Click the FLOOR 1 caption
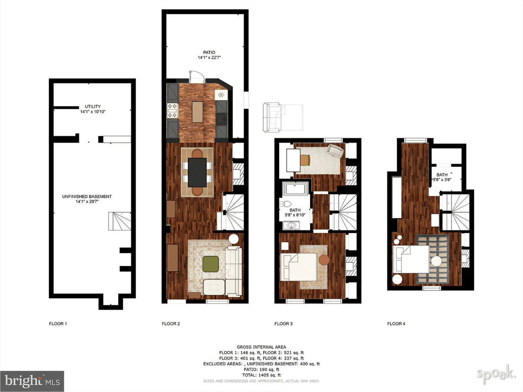pyautogui.click(x=58, y=324)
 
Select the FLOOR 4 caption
pyautogui.click(x=396, y=324)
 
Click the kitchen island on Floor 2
pyautogui.click(x=197, y=112)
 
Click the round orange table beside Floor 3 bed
pyautogui.click(x=325, y=260)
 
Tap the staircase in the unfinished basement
pyautogui.click(x=120, y=221)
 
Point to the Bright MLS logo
pyautogui.click(x=32, y=381)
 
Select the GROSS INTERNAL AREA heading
pyautogui.click(x=261, y=347)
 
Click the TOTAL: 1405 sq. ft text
pyautogui.click(x=261, y=375)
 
